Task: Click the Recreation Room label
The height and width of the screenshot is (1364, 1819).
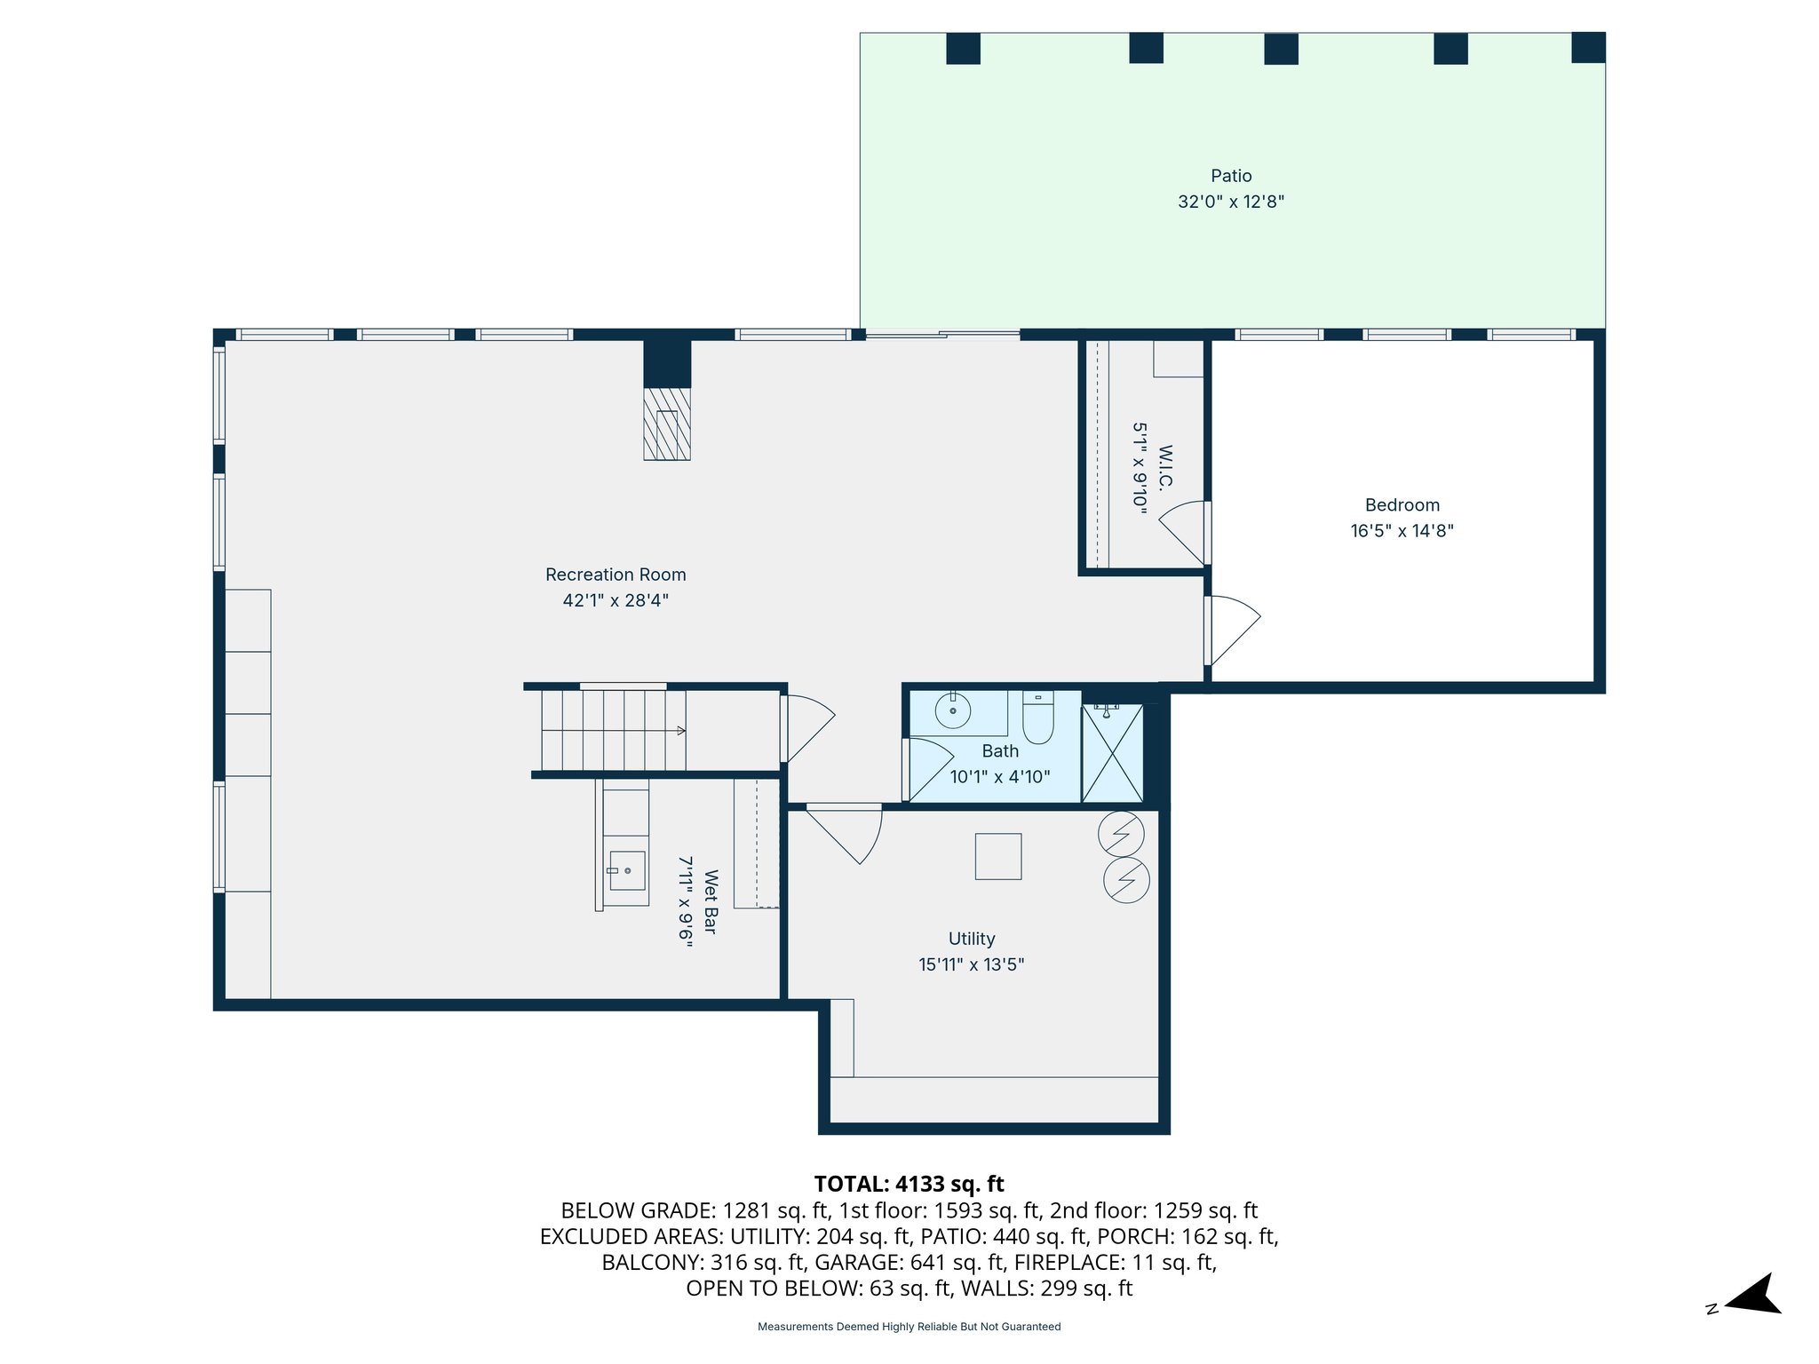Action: [x=616, y=575]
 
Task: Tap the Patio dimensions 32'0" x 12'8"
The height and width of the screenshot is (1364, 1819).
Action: [x=1231, y=202]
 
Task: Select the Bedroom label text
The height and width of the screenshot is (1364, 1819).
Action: [x=1402, y=505]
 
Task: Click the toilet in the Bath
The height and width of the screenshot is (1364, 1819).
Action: [x=1037, y=718]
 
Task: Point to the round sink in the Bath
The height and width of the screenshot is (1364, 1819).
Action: [x=953, y=710]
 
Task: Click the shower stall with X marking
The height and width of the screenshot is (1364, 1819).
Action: [x=1112, y=754]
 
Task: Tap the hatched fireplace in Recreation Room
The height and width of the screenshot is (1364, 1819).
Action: [x=667, y=424]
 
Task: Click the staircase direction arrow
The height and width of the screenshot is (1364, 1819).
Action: [x=679, y=730]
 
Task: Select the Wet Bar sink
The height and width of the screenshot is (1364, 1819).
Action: [x=627, y=870]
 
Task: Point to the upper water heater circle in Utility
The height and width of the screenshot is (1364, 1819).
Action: [x=1121, y=833]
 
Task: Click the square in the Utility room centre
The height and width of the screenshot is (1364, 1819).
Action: [x=997, y=856]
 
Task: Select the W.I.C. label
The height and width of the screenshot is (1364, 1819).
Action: [x=1165, y=467]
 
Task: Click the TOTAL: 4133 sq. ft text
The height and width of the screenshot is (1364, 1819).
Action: [x=909, y=1184]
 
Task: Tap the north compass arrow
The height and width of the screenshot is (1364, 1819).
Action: [x=1753, y=1295]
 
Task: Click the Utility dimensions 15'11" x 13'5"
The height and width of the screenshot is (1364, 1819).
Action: [x=971, y=964]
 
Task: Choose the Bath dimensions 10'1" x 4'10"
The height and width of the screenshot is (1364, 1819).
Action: [x=999, y=777]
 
